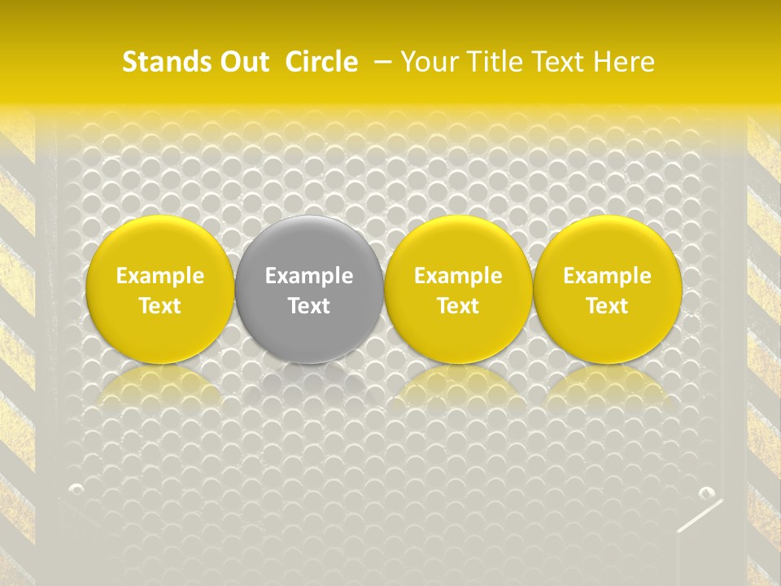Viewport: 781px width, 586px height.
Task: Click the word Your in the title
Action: click(429, 62)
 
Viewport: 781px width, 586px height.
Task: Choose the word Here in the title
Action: click(624, 62)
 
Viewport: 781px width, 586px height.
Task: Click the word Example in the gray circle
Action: click(309, 276)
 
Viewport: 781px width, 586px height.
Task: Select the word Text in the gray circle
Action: click(309, 306)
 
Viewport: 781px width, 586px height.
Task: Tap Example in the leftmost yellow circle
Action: click(160, 276)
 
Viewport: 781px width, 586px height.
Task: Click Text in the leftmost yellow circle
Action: click(160, 306)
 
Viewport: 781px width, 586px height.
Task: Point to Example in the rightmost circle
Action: click(607, 276)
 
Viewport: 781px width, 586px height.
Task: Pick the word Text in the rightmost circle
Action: click(607, 306)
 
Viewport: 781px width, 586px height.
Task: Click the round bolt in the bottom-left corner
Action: click(76, 489)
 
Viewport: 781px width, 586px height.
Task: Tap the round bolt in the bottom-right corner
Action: click(706, 493)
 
